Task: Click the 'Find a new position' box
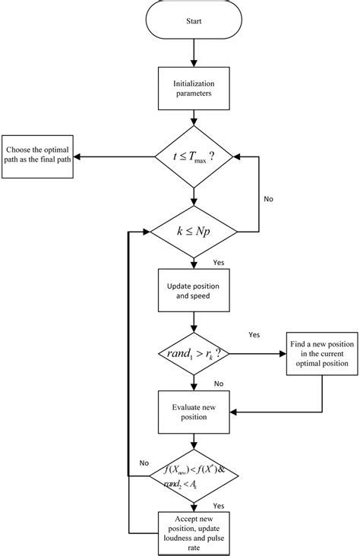pyautogui.click(x=320, y=354)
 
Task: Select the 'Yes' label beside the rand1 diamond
pyautogui.click(x=255, y=333)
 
